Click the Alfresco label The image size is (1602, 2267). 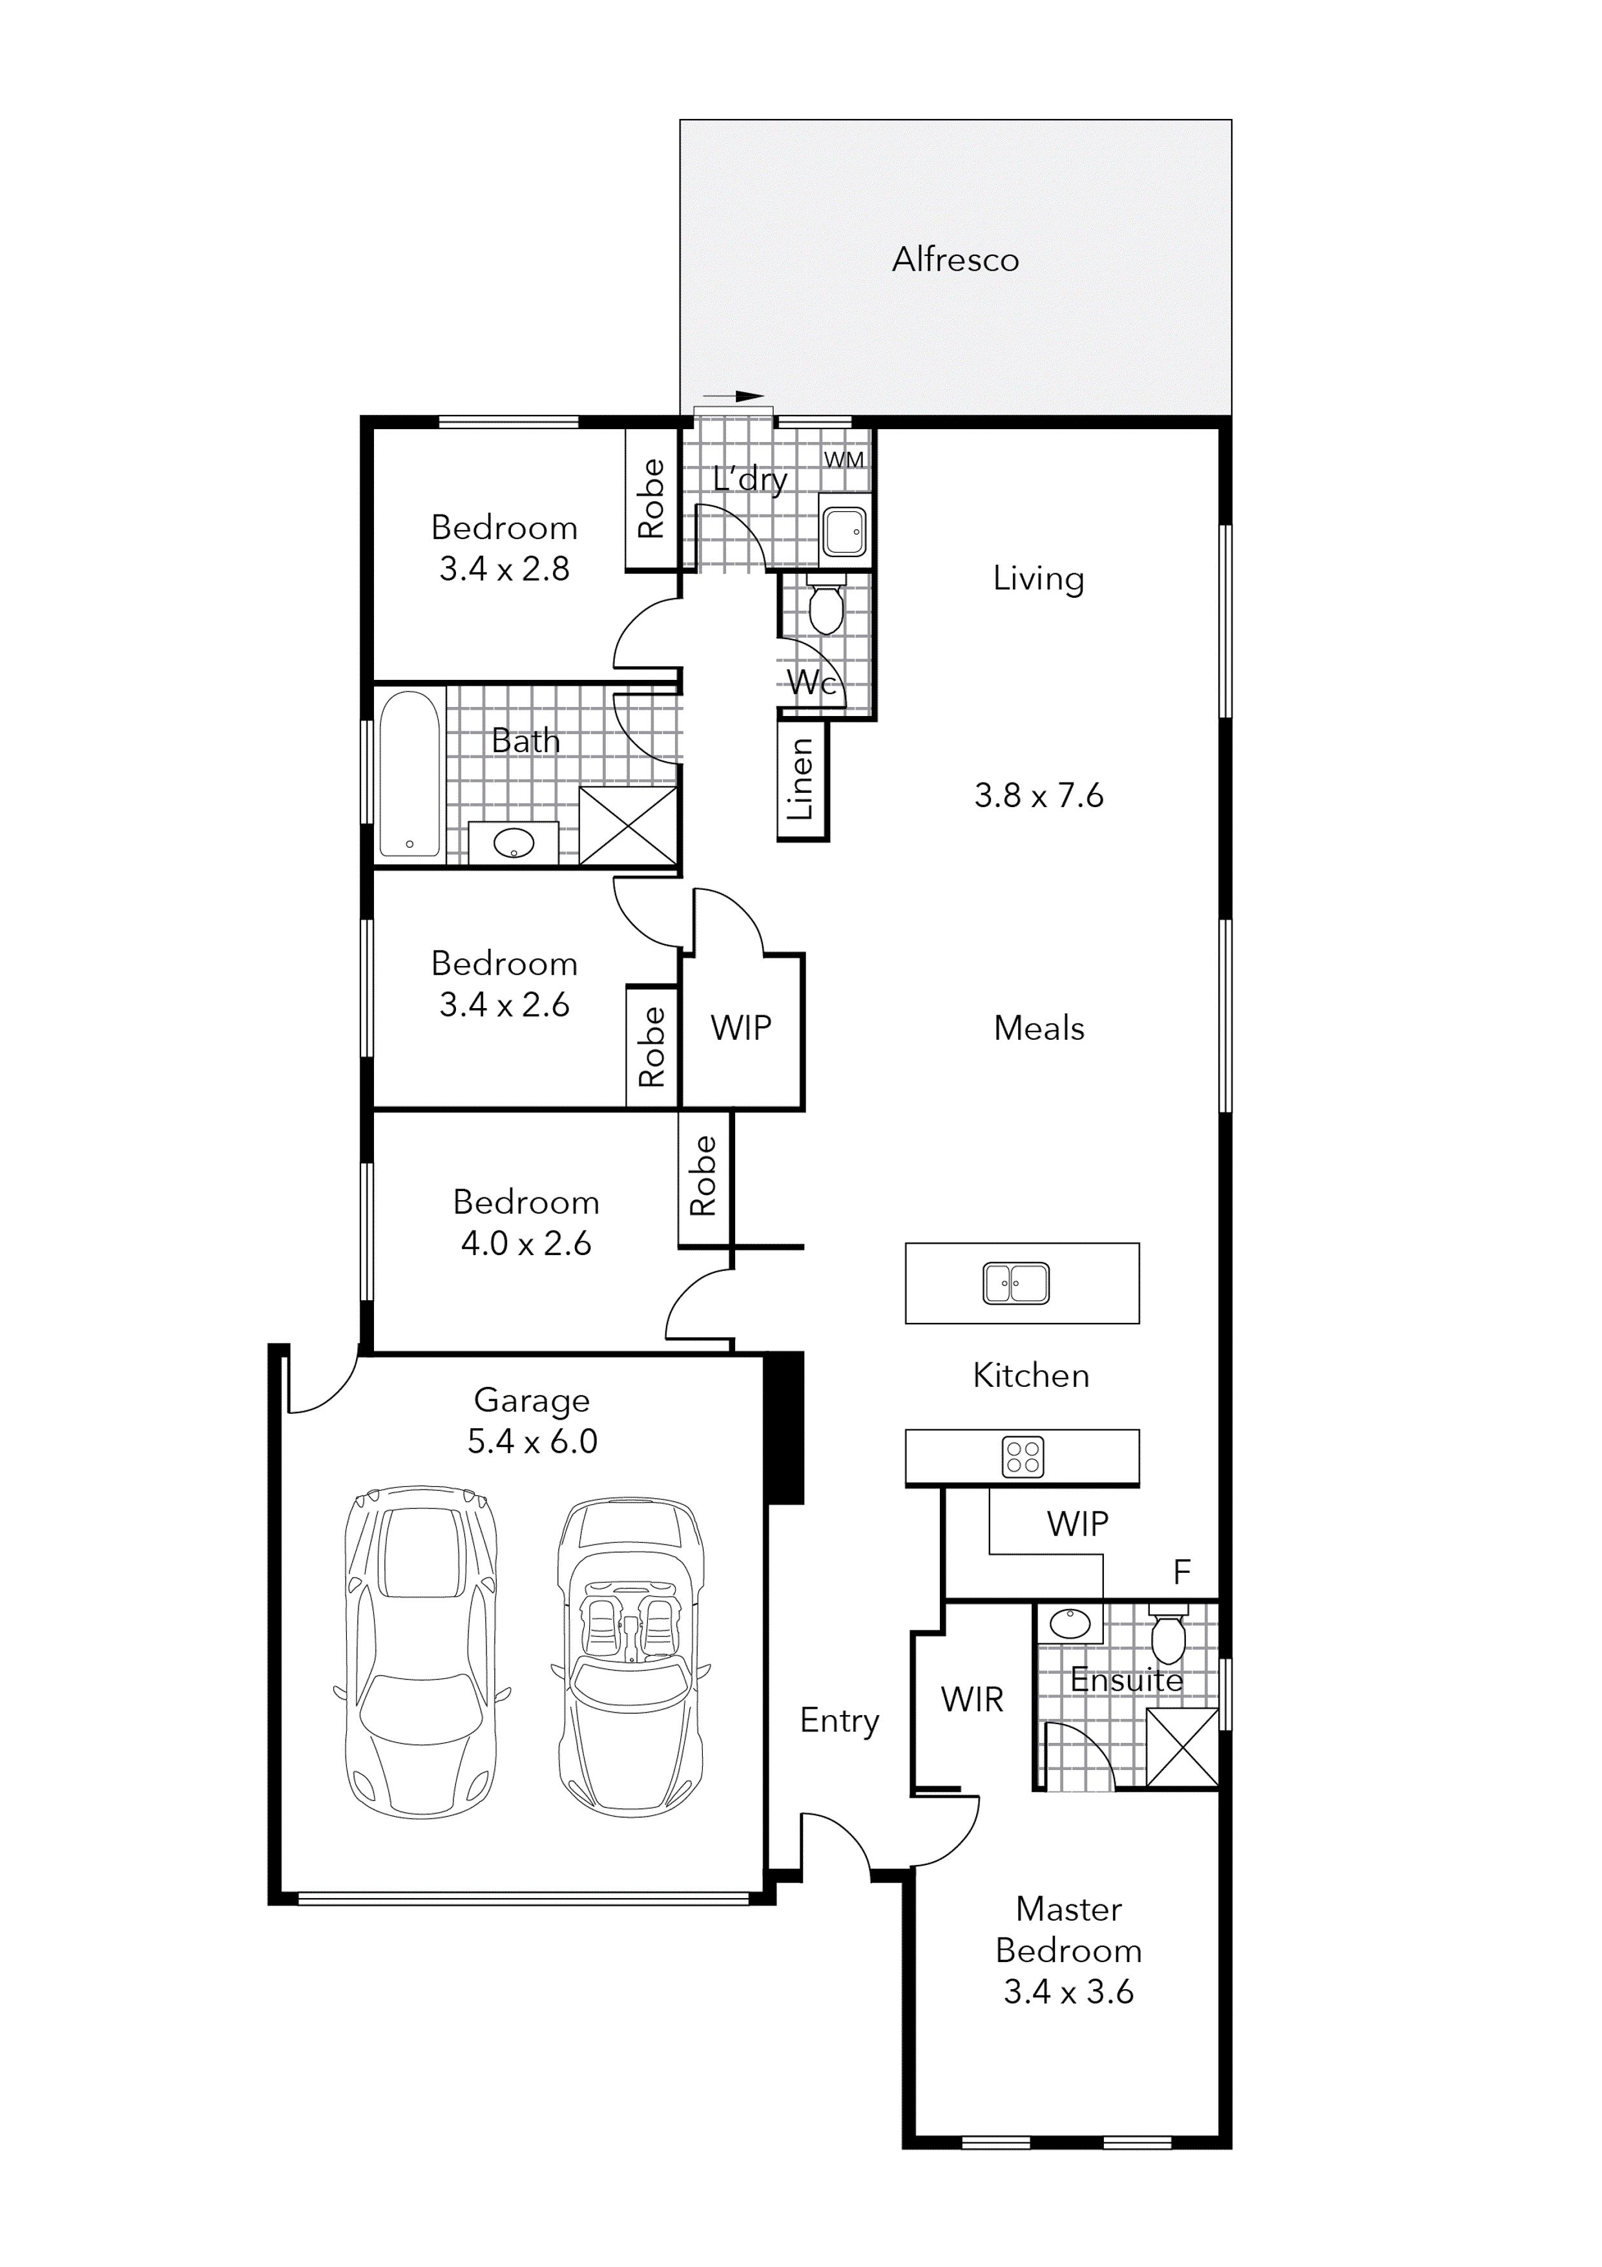tap(955, 260)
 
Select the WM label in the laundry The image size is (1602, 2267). tap(843, 460)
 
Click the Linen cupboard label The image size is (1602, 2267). tap(800, 780)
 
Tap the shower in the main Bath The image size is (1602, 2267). tap(628, 825)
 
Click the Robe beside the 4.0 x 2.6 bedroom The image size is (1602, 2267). tap(703, 1176)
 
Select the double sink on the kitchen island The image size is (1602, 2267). tap(1015, 1283)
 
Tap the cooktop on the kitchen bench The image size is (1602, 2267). tap(1023, 1457)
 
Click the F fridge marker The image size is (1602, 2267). tap(1181, 1572)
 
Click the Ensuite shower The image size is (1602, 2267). tap(1181, 1749)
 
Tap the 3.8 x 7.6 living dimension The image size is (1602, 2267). tap(1038, 795)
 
